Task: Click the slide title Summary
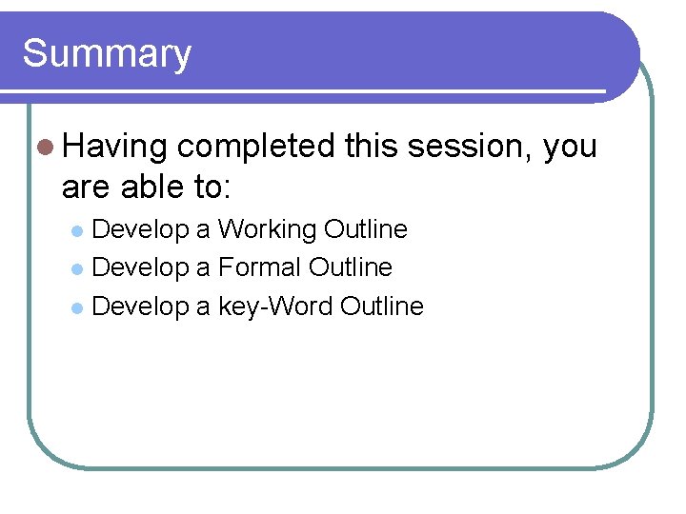[x=107, y=53]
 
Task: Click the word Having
[x=114, y=147]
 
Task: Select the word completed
[x=256, y=147]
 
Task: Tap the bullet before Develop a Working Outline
[x=79, y=231]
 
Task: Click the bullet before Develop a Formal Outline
[x=79, y=269]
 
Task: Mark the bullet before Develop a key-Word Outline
[x=79, y=307]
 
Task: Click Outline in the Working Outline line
[x=366, y=229]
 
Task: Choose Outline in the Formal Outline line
[x=351, y=267]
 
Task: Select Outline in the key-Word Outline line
[x=381, y=306]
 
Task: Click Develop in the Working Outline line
[x=141, y=229]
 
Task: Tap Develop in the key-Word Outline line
[x=141, y=306]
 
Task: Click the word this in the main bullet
[x=372, y=147]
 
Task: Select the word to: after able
[x=209, y=187]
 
